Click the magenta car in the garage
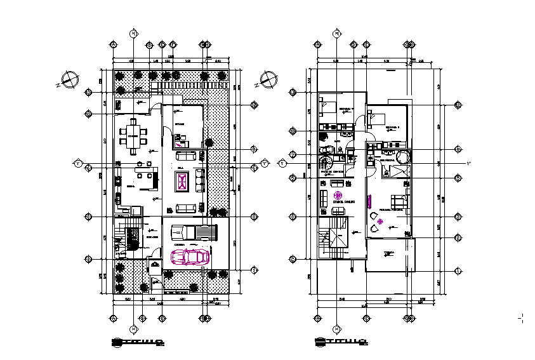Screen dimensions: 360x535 click(191, 257)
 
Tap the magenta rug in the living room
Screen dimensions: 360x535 click(184, 183)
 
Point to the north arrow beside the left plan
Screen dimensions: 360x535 click(68, 81)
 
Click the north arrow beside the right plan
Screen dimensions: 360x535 click(269, 81)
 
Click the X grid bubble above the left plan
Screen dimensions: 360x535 click(133, 33)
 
